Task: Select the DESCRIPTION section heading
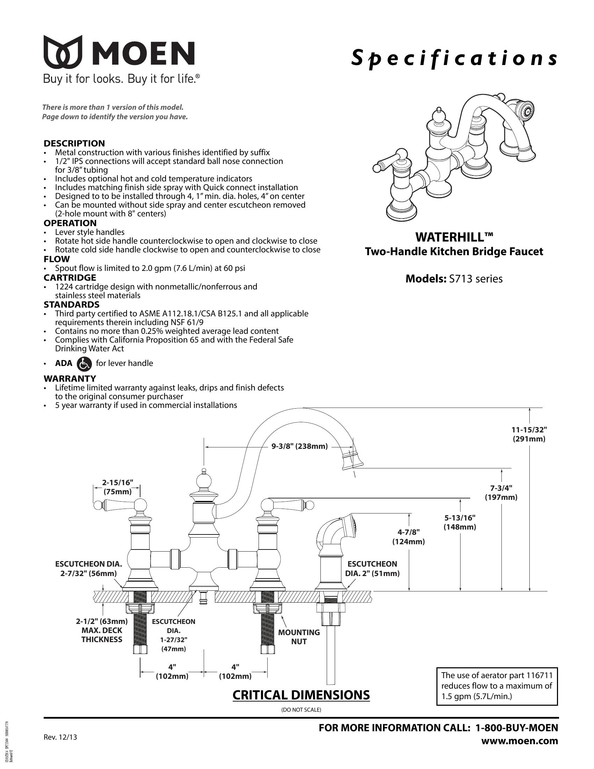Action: pyautogui.click(x=74, y=143)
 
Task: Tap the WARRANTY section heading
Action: pyautogui.click(x=70, y=379)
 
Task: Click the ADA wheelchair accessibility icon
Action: pyautogui.click(x=84, y=364)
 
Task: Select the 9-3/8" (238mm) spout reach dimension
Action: pyautogui.click(x=299, y=446)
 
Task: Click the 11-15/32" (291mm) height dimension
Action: pyautogui.click(x=529, y=434)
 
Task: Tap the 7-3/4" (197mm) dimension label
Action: pyautogui.click(x=501, y=493)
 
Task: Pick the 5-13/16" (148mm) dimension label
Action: pyautogui.click(x=459, y=522)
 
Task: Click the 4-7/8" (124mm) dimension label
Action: pyautogui.click(x=408, y=537)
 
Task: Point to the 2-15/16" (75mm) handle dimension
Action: pyautogui.click(x=117, y=487)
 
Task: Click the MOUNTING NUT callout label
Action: pyautogui.click(x=299, y=637)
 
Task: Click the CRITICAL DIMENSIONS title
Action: pyautogui.click(x=301, y=695)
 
